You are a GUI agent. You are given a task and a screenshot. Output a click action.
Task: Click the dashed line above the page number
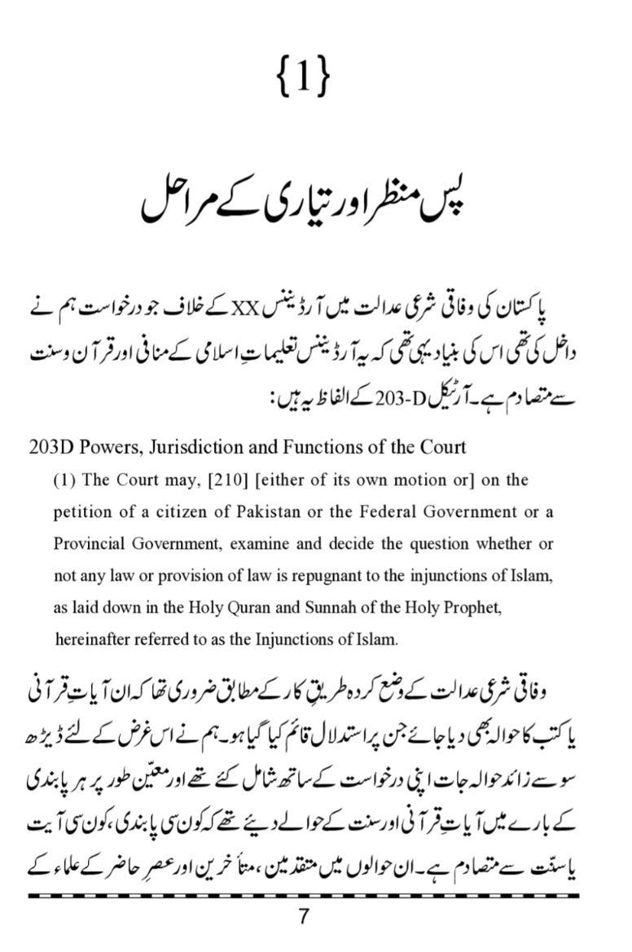click(x=303, y=896)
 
